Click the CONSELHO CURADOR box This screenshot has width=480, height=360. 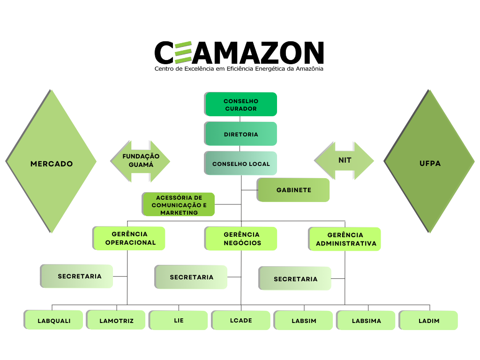coord(240,104)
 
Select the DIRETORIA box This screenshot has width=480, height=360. coord(240,134)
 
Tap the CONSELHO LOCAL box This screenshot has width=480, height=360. coord(240,164)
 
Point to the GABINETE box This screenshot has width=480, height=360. coord(293,190)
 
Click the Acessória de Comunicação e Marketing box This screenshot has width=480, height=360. coord(179,205)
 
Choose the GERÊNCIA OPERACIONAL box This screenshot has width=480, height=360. coord(130,238)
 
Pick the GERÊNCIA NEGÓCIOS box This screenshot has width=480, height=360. coord(241,239)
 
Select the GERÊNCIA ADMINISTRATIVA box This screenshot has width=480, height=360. coord(345,239)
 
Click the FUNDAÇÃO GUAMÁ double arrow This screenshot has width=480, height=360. coord(141,161)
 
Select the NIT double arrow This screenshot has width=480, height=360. coord(344,161)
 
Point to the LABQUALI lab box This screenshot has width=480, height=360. coord(54,320)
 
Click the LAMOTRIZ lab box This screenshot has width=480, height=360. coord(116,320)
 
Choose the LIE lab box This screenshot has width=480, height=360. coord(179,321)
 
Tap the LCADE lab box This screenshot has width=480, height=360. coord(241,320)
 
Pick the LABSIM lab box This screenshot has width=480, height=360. coord(304,321)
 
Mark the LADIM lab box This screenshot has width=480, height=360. coord(428,321)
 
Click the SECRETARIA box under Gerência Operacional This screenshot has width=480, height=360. coord(77,276)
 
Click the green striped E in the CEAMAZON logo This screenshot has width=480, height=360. coord(182,52)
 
